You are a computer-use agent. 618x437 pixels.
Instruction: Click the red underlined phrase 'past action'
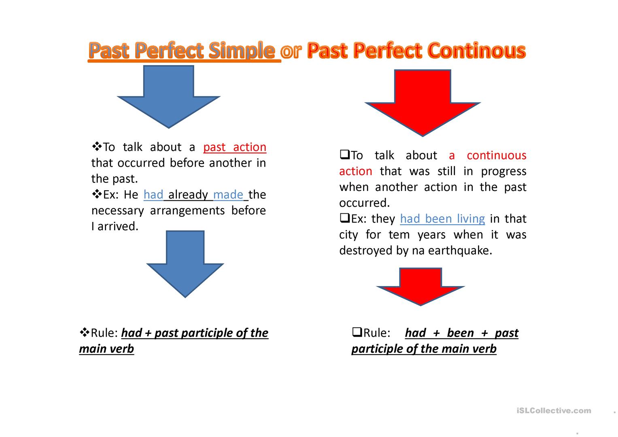tap(235, 147)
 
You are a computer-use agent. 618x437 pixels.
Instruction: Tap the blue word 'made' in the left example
tap(228, 195)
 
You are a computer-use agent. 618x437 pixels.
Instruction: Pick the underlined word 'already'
tap(188, 195)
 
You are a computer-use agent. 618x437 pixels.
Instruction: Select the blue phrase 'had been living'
tap(442, 219)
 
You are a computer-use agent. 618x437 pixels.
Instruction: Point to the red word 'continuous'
tap(496, 155)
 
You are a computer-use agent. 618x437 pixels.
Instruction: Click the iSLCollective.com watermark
tap(554, 411)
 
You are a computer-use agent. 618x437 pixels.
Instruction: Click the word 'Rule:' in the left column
tap(104, 333)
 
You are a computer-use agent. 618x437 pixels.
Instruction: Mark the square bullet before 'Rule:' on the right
tap(357, 332)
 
